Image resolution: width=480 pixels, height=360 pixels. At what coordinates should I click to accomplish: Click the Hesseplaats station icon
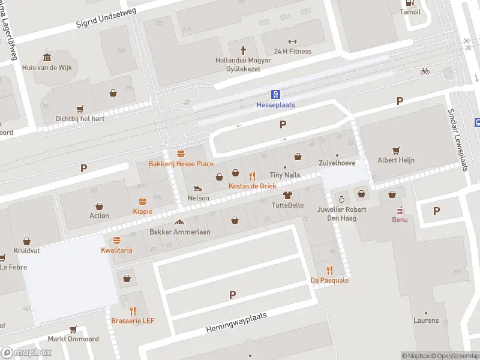pos(276,94)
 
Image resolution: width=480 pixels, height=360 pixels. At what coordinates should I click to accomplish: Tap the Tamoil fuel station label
pos(410,12)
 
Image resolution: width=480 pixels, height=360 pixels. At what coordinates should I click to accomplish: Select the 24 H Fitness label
pos(292,51)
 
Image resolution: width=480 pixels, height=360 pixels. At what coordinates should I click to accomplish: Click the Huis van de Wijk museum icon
pos(47,58)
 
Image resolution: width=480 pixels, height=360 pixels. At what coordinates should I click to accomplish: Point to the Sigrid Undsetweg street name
pos(106,18)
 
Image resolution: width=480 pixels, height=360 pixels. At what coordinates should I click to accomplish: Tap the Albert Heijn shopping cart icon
pos(395,150)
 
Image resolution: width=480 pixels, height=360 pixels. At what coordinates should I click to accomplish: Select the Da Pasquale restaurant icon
pos(329,270)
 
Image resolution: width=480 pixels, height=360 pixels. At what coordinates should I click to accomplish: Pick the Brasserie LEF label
pos(133,321)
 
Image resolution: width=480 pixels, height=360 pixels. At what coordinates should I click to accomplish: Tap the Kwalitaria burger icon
pos(116,240)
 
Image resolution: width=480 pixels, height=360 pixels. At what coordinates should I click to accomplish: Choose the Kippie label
pos(142,211)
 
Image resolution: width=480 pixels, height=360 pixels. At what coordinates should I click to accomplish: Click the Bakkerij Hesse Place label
pos(181,164)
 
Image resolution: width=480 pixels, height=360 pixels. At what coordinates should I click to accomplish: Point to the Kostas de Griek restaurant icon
pos(252,176)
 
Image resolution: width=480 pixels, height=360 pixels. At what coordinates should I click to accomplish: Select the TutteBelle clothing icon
pos(287,195)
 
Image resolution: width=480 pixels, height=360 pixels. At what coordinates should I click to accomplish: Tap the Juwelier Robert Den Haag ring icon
pos(341,199)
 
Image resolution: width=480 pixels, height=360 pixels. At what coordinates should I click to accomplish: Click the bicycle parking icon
pos(425,71)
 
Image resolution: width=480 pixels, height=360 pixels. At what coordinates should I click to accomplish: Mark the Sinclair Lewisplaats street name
pos(458,140)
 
